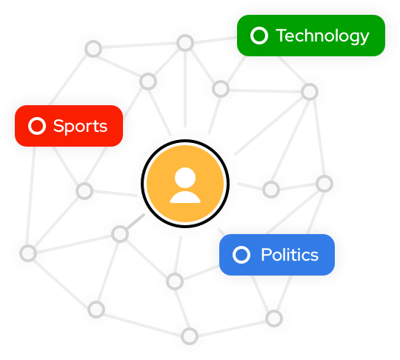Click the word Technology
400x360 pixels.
tap(322, 36)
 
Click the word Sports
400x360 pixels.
tap(80, 127)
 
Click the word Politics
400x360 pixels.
tap(290, 255)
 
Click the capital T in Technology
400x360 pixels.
tap(283, 36)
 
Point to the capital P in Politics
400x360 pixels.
tap(266, 255)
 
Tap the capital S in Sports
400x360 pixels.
tap(59, 126)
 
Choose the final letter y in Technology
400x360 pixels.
tap(364, 39)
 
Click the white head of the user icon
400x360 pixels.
tap(185, 178)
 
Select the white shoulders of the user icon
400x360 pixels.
tap(185, 197)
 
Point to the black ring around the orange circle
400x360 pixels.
tap(185, 140)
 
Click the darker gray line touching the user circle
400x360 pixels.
tap(136, 221)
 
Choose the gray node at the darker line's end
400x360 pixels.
tap(120, 234)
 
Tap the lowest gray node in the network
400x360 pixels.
tap(190, 336)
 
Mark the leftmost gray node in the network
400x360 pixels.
tap(28, 253)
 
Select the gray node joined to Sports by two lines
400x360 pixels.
tap(84, 191)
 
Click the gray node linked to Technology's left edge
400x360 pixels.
tap(185, 43)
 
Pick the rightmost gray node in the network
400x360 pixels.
tap(324, 184)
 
